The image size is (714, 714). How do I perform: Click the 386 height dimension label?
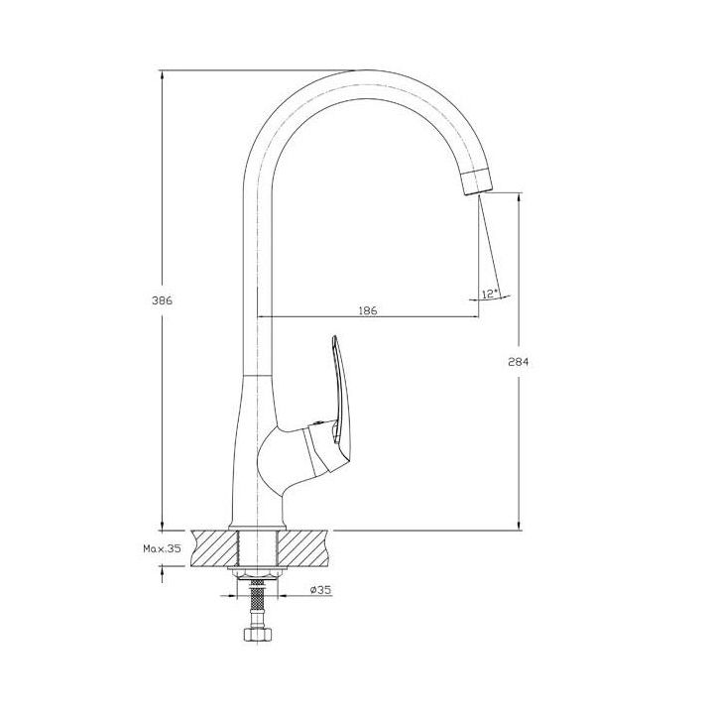point(162,300)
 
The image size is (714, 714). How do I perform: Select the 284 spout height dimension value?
point(519,362)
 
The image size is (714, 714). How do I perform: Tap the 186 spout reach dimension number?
point(368,311)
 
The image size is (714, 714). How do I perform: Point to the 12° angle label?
point(490,294)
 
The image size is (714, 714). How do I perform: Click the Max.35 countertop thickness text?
point(162,548)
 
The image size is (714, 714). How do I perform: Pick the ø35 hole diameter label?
point(320,590)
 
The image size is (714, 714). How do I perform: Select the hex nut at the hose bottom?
point(258,634)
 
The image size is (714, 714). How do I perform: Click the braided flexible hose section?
point(257,597)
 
